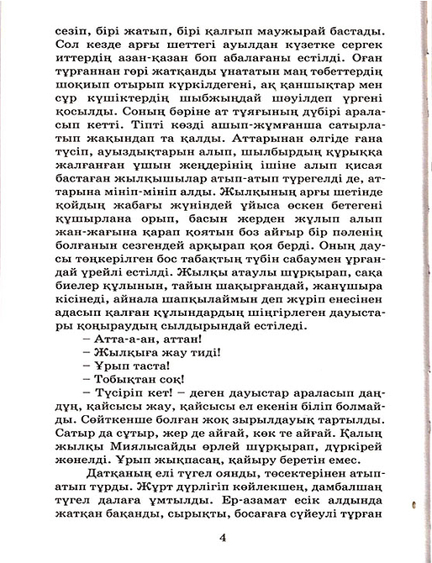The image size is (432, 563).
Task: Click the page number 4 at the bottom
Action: [221, 539]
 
